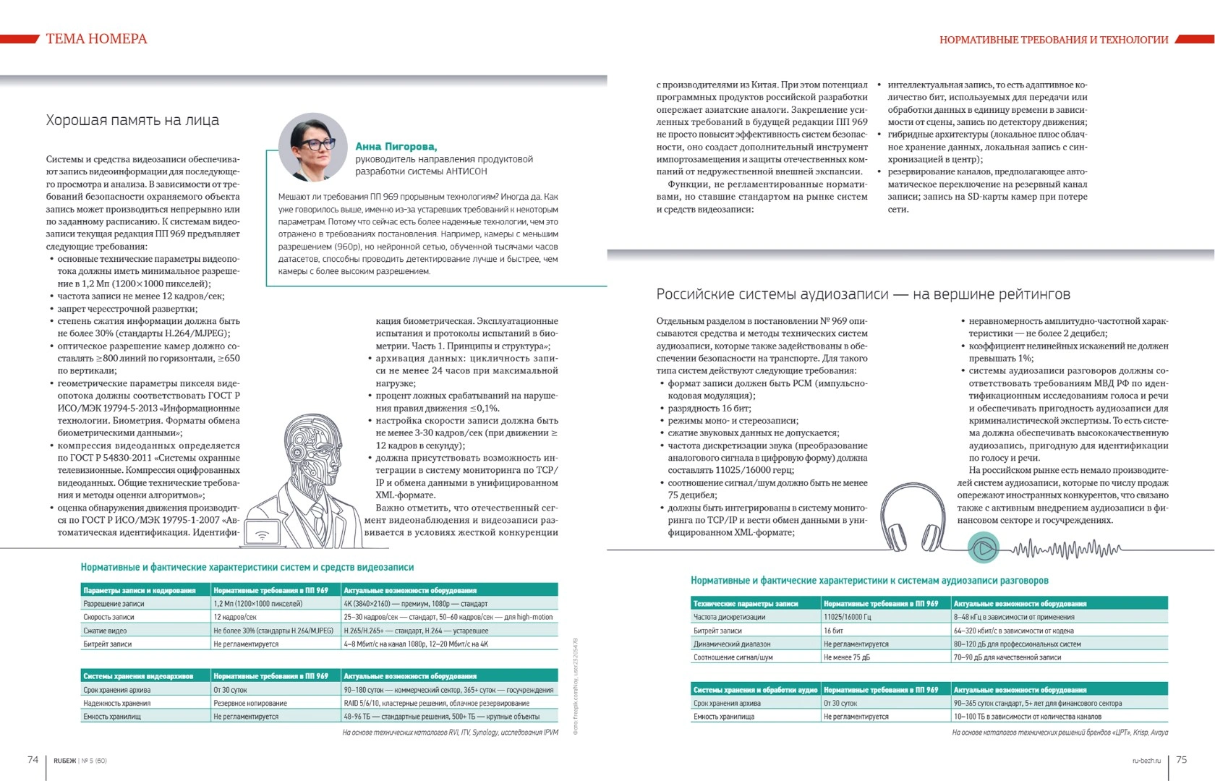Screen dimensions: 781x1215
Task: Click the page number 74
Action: click(33, 759)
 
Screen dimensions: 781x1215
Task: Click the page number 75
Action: click(1182, 759)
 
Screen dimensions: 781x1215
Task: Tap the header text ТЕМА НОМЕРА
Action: click(96, 39)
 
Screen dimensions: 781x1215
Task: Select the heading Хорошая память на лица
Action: click(132, 120)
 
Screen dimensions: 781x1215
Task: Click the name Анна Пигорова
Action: click(396, 146)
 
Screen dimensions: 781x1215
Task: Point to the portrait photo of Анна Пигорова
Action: click(313, 147)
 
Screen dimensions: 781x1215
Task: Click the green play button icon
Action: click(984, 548)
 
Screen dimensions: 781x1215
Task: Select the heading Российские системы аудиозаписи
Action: click(863, 294)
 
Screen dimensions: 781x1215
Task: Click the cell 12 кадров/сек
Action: click(235, 617)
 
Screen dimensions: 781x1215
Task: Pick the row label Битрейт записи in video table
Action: click(108, 644)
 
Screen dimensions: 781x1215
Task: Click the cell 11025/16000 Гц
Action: click(847, 617)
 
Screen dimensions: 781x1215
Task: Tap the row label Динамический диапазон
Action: click(732, 644)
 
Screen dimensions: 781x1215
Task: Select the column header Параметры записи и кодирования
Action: click(140, 590)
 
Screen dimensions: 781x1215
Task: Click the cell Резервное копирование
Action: click(250, 703)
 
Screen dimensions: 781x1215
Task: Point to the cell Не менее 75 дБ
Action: click(847, 657)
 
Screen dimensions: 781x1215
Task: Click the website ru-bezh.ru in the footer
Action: click(1146, 760)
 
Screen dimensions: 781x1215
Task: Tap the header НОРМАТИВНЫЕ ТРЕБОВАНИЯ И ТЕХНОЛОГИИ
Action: click(1054, 40)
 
